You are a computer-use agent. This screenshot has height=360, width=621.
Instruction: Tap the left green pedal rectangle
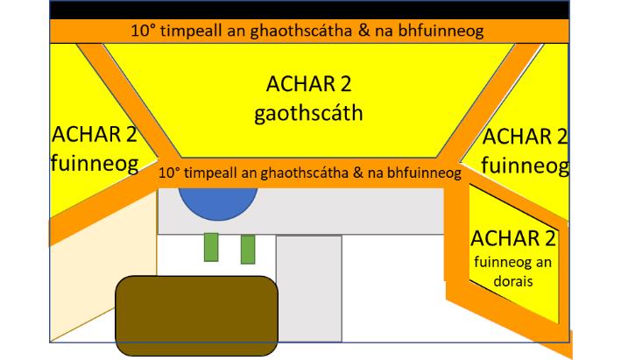coord(210,247)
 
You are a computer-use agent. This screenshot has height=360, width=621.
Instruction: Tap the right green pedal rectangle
coord(248,249)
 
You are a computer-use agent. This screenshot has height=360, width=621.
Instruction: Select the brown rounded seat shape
coord(197,314)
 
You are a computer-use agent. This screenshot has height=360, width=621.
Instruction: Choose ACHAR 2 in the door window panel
coord(513,239)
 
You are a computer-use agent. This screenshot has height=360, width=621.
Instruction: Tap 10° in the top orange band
coord(143,31)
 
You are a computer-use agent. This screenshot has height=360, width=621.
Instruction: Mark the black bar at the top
coord(309,9)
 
